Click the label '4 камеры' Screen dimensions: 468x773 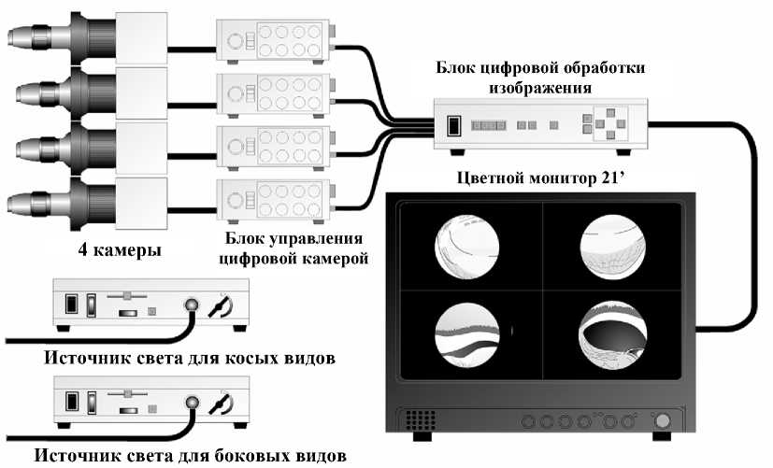[x=122, y=250]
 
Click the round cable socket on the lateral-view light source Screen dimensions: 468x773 [x=193, y=402]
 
